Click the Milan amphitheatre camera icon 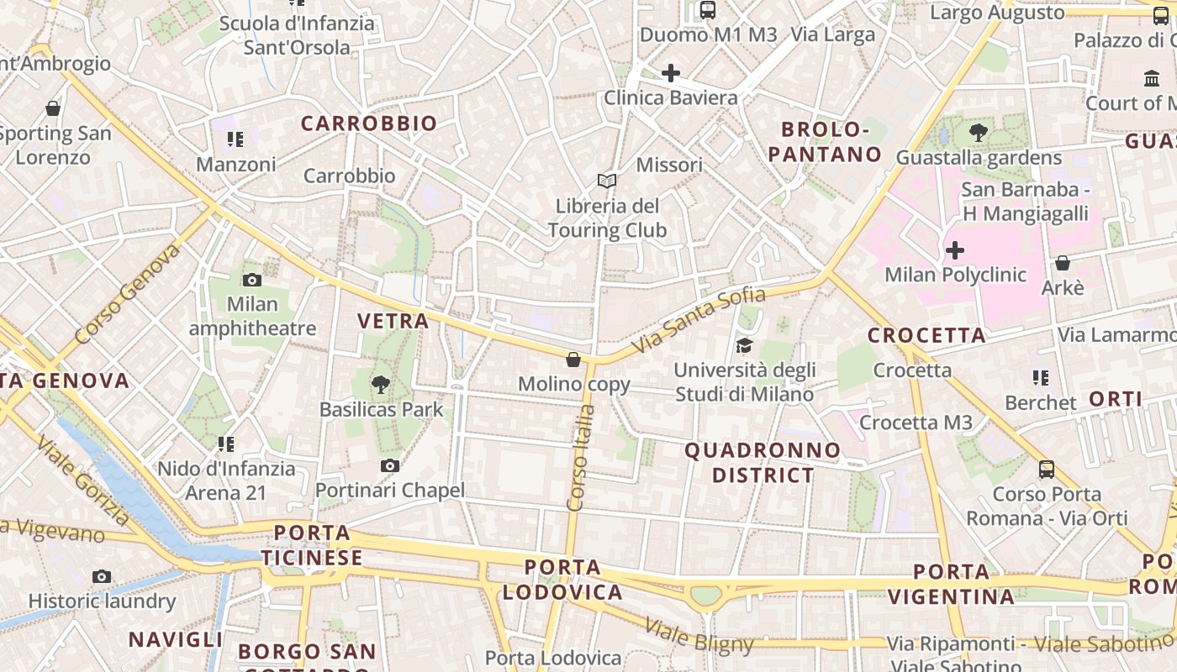pos(251,280)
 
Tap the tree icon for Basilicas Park pos(381,385)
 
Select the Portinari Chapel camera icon pos(389,465)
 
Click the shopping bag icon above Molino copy pos(573,360)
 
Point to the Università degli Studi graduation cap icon pos(744,345)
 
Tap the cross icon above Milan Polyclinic pos(955,249)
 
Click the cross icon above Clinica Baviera pos(671,73)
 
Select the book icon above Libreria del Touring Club pos(607,181)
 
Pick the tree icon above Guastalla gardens pos(978,133)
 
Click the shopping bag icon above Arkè pos(1063,263)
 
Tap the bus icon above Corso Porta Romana pos(1047,469)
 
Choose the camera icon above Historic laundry pos(102,576)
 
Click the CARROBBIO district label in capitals pos(369,123)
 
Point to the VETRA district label pos(393,321)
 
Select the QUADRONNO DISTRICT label pos(763,463)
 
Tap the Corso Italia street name pos(581,459)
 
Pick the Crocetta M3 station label pos(916,422)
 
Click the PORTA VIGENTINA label pos(951,585)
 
